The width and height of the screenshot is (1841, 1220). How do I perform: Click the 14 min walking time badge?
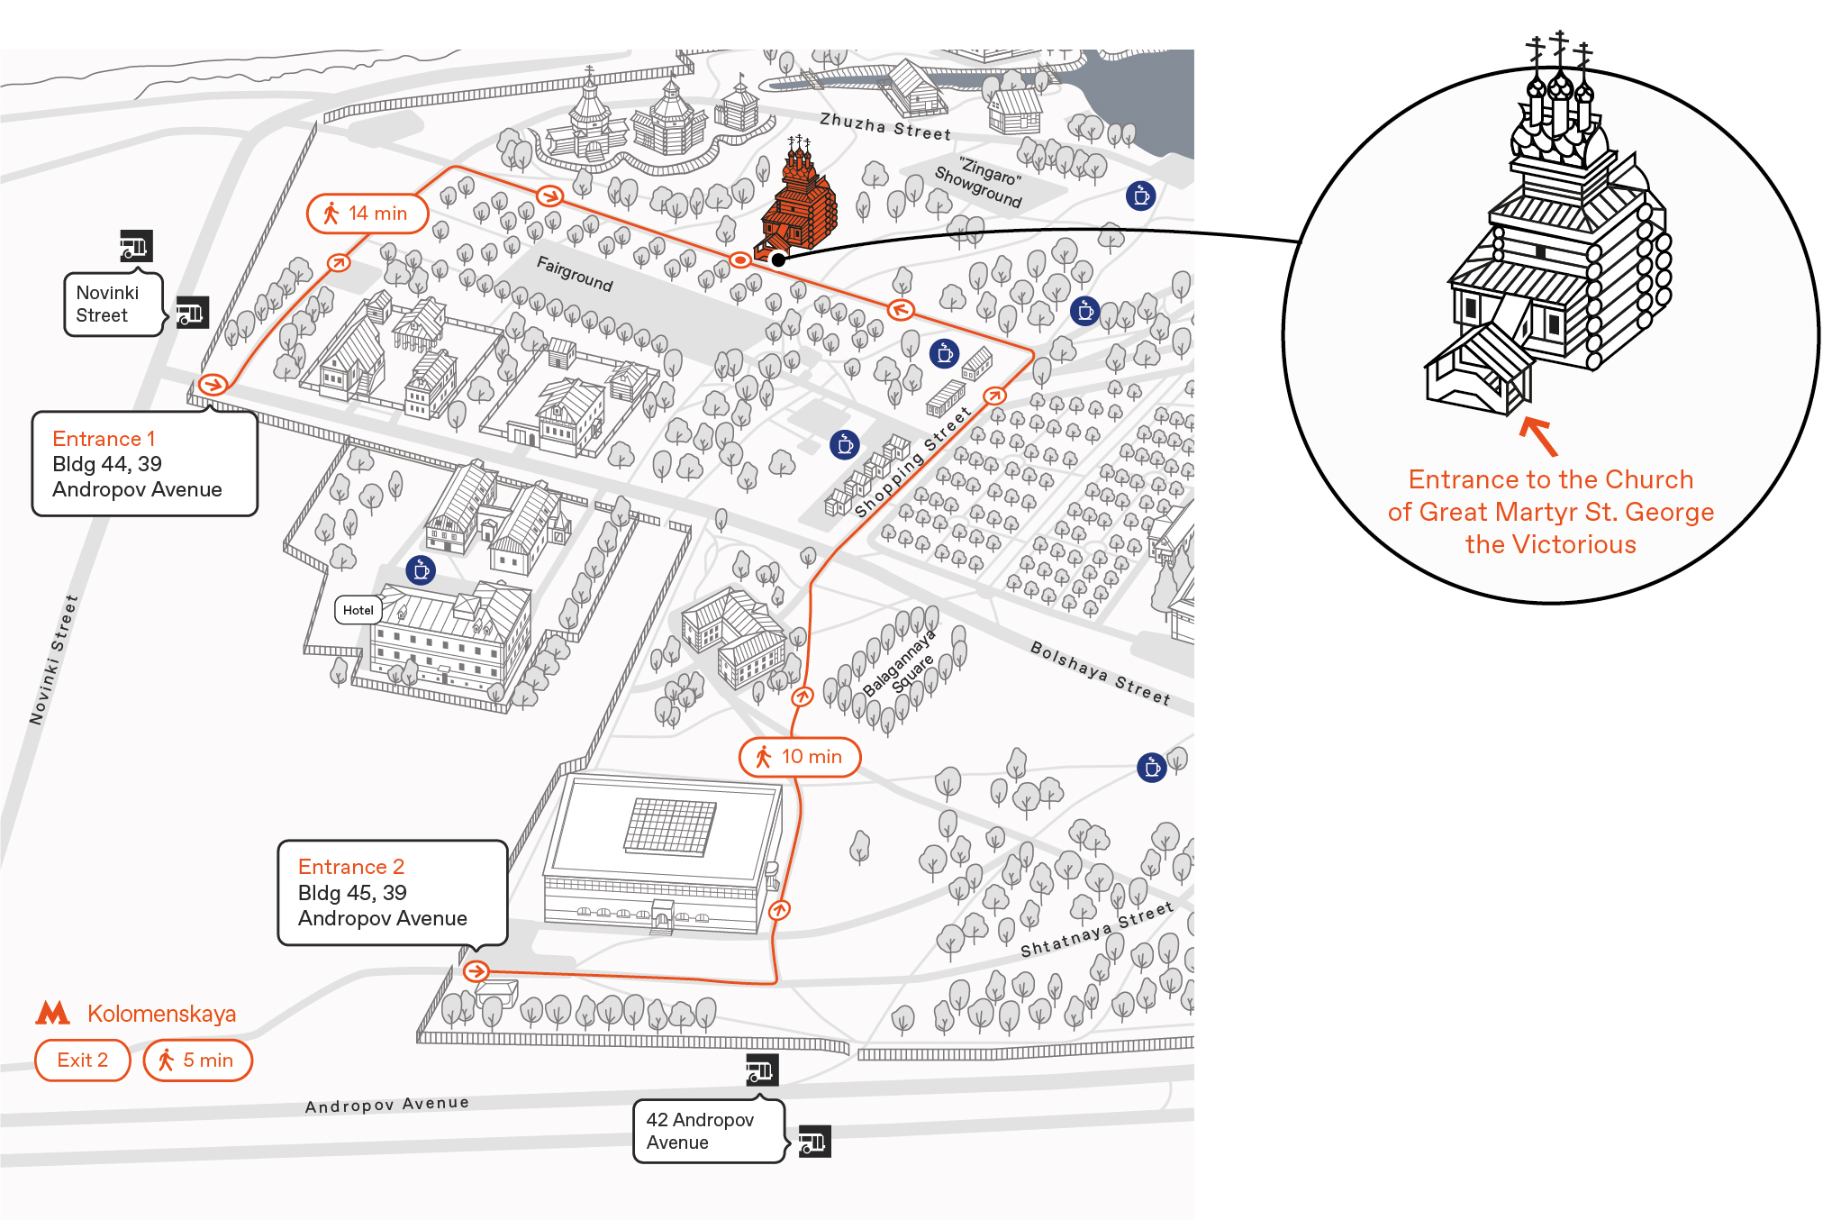(x=367, y=214)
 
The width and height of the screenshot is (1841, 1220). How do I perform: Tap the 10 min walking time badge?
(x=800, y=757)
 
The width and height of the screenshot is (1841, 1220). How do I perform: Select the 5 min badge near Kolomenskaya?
(x=198, y=1061)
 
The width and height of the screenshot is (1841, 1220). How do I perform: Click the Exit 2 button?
(x=83, y=1061)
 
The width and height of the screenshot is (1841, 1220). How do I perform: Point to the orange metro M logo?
(x=52, y=1013)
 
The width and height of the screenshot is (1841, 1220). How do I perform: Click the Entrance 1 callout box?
(x=145, y=464)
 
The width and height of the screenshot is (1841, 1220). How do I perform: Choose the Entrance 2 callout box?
(x=393, y=893)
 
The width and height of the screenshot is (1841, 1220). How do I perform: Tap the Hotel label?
(x=358, y=610)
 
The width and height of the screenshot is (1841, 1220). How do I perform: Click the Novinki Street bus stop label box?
(x=113, y=305)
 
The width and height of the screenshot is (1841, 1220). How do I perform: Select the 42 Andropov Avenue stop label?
(x=709, y=1131)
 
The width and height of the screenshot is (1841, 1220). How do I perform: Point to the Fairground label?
(x=575, y=274)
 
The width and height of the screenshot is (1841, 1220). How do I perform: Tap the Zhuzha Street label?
(x=885, y=126)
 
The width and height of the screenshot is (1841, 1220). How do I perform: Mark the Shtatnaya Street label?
(x=1097, y=929)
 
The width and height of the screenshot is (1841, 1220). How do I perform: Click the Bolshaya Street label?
(x=1101, y=673)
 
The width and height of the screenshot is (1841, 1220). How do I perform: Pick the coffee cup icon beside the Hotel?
(x=421, y=569)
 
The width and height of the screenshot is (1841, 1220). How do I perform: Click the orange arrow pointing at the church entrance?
(x=1538, y=436)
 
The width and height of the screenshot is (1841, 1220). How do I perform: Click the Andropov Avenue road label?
(x=387, y=1104)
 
